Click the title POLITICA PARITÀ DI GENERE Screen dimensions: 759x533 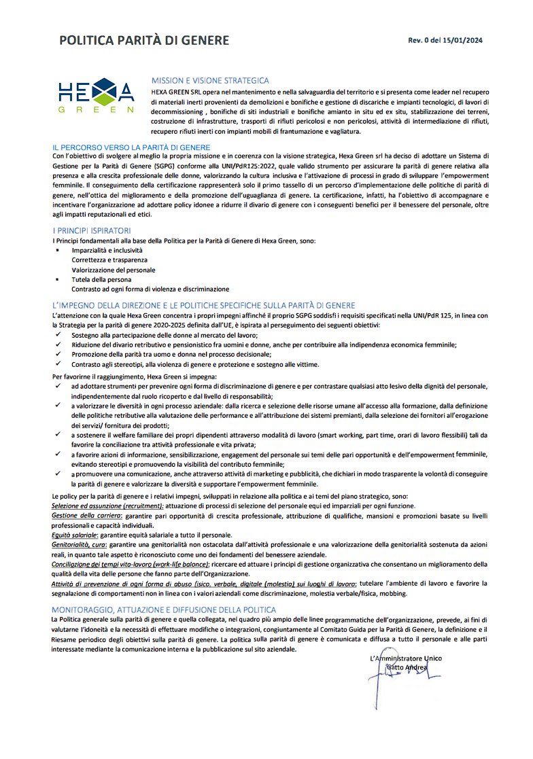[x=144, y=40]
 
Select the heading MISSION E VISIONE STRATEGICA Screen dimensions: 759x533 [x=210, y=81]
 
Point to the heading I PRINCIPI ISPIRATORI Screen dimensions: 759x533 [x=92, y=231]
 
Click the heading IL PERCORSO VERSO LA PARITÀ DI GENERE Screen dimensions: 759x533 [x=131, y=147]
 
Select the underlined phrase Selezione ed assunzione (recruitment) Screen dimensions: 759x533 [x=107, y=507]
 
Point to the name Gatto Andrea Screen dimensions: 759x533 [x=407, y=667]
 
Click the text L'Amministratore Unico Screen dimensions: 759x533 [x=405, y=658]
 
